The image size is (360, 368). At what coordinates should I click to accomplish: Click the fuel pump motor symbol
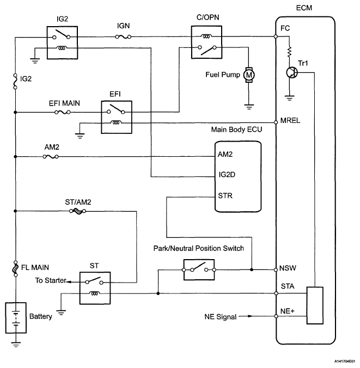pyautogui.click(x=249, y=74)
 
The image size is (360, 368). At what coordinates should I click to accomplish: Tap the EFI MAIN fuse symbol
pyautogui.click(x=62, y=112)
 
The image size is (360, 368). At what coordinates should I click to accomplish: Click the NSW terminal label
pyautogui.click(x=288, y=269)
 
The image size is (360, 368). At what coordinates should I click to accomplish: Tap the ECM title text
pyautogui.click(x=304, y=9)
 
